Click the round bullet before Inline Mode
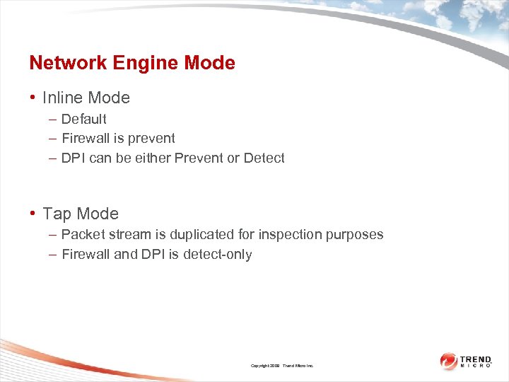[33, 98]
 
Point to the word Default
[83, 119]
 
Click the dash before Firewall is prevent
[53, 139]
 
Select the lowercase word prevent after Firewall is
[151, 139]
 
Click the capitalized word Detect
[264, 158]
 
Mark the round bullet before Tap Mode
[33, 214]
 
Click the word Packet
[82, 234]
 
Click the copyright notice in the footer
[282, 366]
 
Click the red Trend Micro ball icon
[448, 361]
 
